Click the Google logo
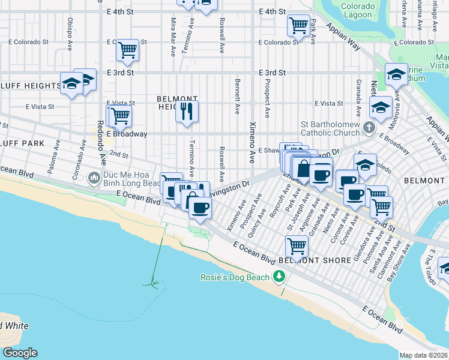19,353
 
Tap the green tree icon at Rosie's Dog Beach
279,277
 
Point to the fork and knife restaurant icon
187,111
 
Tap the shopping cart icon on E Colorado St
127,50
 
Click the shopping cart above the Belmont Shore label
297,245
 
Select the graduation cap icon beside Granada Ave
381,107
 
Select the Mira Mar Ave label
173,36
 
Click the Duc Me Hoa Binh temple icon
94,178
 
